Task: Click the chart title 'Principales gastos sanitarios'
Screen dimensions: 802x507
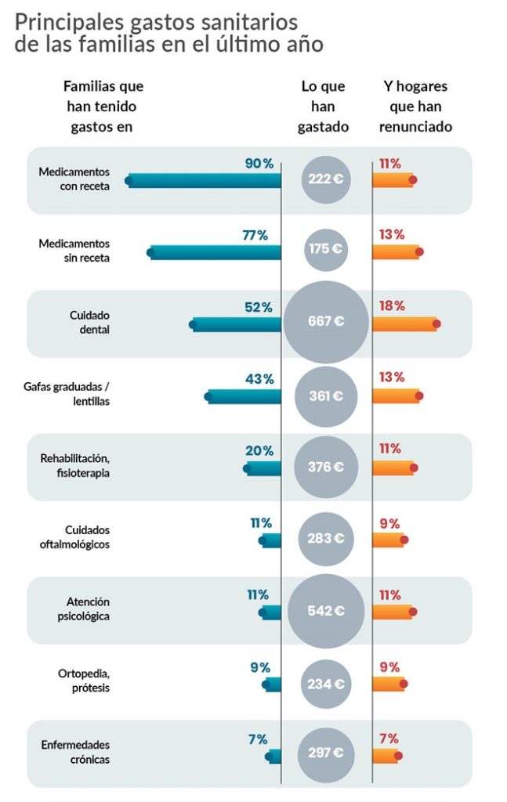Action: pos(156,21)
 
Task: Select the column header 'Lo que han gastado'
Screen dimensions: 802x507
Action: pos(323,106)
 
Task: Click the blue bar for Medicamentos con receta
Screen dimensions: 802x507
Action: pos(205,181)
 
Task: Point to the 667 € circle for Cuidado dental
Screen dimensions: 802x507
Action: pos(325,321)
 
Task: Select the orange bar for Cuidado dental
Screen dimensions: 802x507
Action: pos(404,323)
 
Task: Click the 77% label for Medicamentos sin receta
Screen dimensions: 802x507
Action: pos(255,235)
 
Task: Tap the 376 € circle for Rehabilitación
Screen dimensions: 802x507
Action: pos(325,467)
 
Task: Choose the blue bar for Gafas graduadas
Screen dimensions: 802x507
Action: pos(244,396)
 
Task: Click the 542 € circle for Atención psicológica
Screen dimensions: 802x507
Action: pos(325,611)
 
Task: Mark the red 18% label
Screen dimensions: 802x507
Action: pos(392,306)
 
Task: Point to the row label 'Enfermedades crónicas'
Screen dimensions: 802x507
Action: pos(75,752)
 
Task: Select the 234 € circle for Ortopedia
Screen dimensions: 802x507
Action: pos(325,684)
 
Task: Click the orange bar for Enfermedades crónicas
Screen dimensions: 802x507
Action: pos(385,755)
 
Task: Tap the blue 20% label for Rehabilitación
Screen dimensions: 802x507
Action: pos(259,451)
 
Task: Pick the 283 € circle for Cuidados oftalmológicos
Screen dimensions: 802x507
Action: pos(325,539)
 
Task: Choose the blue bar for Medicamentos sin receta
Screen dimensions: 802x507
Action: pos(215,252)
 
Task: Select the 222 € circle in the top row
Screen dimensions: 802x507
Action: pos(325,179)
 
